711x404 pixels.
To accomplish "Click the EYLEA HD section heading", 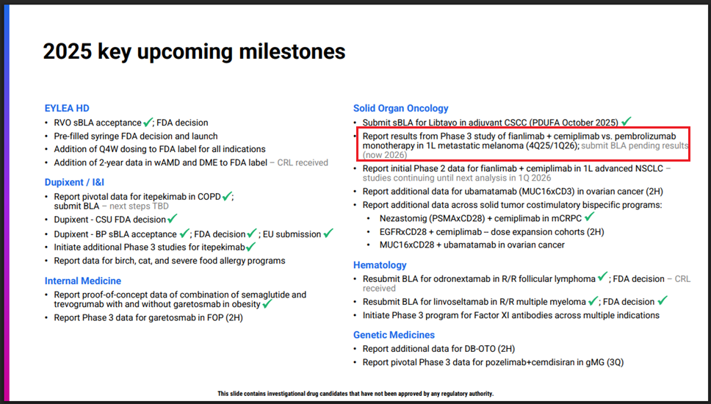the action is [x=67, y=109].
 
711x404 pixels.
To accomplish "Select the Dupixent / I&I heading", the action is [x=74, y=182].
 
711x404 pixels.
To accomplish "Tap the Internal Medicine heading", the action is [x=82, y=281].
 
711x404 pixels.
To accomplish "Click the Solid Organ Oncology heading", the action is [x=400, y=109].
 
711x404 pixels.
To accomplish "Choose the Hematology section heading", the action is [x=380, y=265].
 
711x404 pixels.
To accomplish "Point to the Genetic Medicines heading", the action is [x=394, y=335].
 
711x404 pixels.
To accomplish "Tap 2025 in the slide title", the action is [x=67, y=51].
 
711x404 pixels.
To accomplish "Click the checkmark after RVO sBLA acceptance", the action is [x=148, y=122].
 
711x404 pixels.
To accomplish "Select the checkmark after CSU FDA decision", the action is [x=173, y=219].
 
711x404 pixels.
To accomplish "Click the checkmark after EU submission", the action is [x=328, y=233].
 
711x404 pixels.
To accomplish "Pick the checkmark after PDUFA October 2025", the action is [x=627, y=121].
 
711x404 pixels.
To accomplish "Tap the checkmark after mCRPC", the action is [x=590, y=217].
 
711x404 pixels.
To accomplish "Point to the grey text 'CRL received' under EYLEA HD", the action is [x=303, y=163].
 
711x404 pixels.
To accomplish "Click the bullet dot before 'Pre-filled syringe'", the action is [x=47, y=137].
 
